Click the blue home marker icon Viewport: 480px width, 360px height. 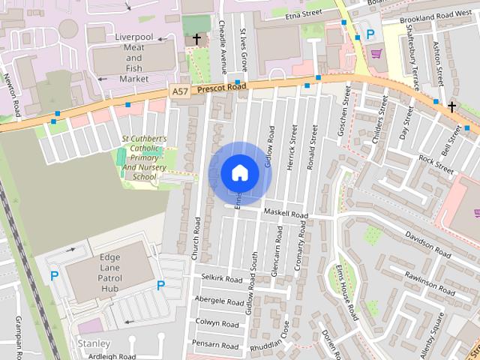(x=239, y=173)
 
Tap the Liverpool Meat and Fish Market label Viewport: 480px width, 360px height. (x=133, y=58)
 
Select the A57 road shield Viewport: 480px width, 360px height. (x=179, y=91)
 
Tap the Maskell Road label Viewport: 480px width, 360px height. (x=285, y=214)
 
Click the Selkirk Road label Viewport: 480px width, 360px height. (x=223, y=278)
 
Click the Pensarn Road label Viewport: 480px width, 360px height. (x=216, y=345)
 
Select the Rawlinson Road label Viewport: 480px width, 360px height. (x=427, y=278)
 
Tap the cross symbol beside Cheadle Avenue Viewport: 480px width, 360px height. (x=196, y=38)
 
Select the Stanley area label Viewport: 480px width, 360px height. (x=94, y=343)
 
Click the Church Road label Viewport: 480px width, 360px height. (x=195, y=238)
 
